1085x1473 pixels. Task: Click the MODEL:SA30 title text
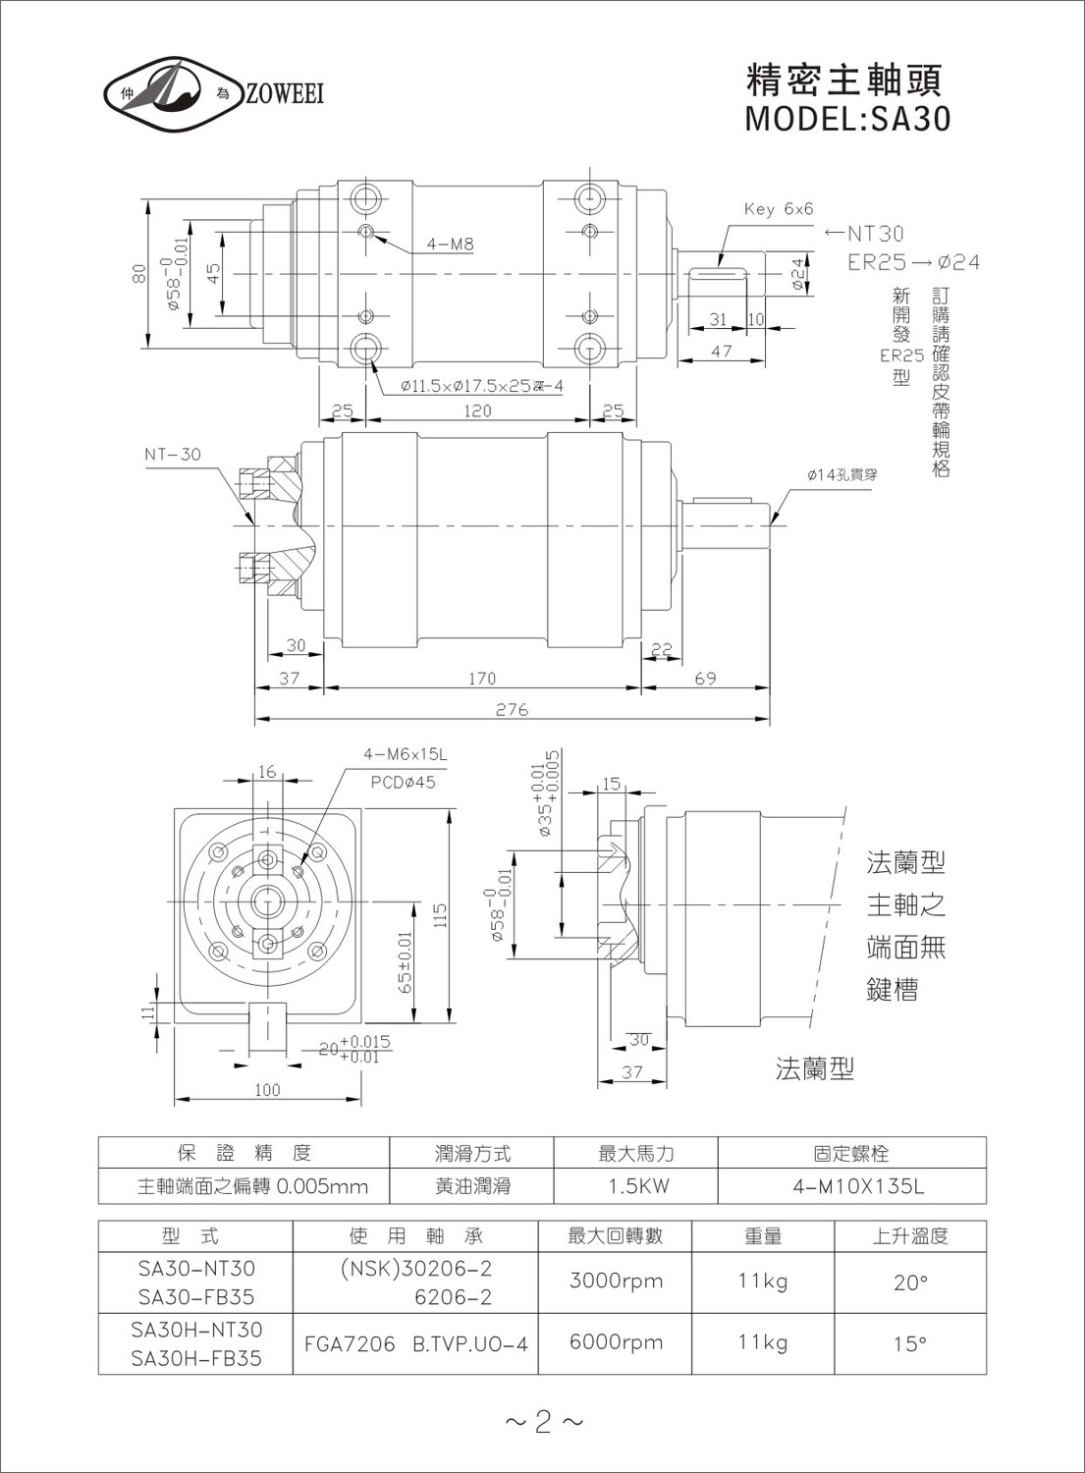click(847, 119)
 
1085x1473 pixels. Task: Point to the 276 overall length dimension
click(513, 710)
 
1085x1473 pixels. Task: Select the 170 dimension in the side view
click(482, 678)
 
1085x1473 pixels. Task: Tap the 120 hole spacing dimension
click(477, 410)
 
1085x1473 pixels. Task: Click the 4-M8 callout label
click(451, 244)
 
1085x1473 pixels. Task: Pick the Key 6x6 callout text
click(779, 209)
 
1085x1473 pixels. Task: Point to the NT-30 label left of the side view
click(173, 455)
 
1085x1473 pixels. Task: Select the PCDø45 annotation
click(404, 783)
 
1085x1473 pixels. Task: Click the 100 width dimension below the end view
click(268, 1090)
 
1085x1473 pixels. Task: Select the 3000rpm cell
click(617, 1281)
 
